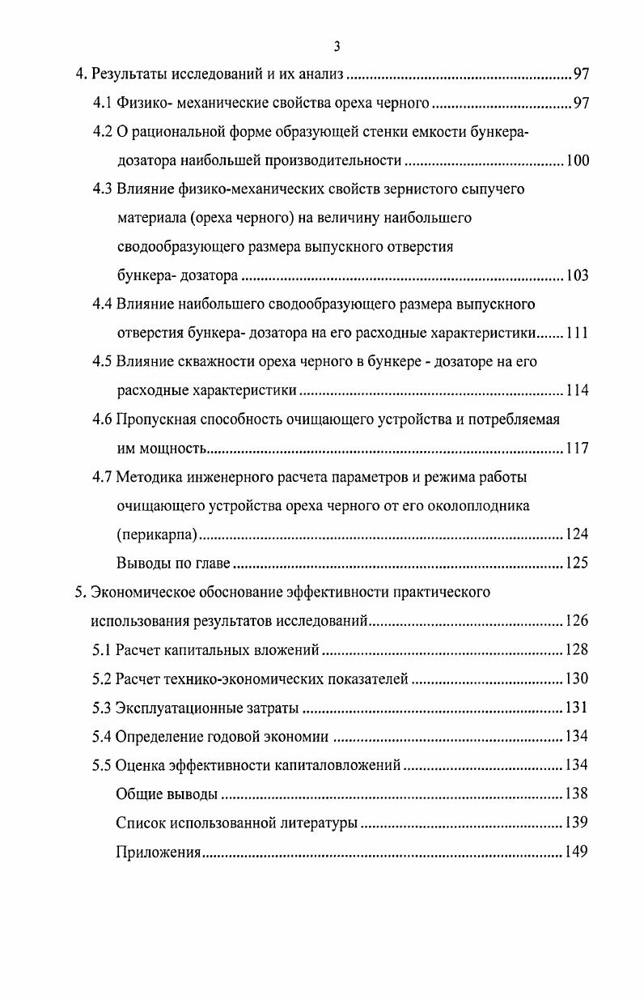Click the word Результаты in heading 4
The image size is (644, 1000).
tap(131, 75)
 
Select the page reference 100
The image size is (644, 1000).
tap(577, 160)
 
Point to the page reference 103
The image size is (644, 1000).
tap(577, 276)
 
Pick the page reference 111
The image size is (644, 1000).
tap(577, 334)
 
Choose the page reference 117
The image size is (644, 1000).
tap(577, 449)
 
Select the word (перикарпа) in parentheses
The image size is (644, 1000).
tap(157, 534)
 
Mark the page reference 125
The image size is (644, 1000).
tap(577, 564)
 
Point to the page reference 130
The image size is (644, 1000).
tap(577, 679)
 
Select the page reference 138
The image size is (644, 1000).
tap(577, 794)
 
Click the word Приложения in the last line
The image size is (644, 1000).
tap(158, 852)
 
